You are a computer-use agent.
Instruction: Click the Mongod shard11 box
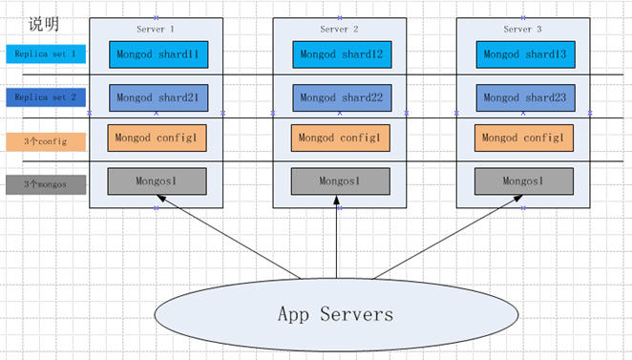point(157,54)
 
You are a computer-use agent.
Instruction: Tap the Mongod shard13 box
point(523,54)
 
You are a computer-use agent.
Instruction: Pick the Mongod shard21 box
point(157,97)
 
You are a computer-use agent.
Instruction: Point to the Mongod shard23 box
point(523,97)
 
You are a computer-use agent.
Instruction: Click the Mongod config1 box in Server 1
point(156,138)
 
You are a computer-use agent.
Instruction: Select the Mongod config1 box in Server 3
point(522,138)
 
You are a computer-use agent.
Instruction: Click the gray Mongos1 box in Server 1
point(156,180)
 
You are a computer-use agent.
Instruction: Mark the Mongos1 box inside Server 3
point(522,180)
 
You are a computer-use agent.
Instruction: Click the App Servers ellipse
point(335,313)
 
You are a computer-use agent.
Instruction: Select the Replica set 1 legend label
point(45,54)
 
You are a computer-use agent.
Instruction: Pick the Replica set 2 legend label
point(45,97)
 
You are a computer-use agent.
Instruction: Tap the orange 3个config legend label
point(45,141)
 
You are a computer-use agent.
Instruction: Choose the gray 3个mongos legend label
point(45,184)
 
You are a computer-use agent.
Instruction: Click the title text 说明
point(42,23)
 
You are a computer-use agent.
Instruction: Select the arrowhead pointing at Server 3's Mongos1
point(521,199)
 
